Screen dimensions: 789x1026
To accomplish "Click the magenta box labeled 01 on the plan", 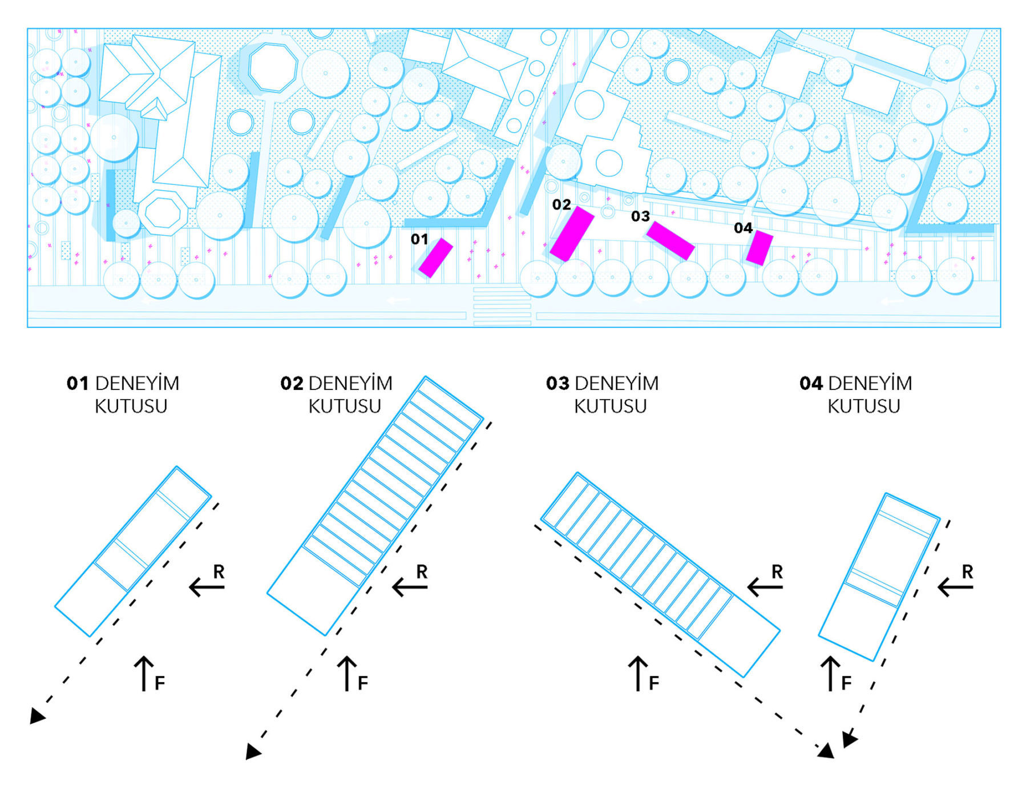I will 436,257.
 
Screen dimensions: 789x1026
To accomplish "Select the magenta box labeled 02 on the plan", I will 572,234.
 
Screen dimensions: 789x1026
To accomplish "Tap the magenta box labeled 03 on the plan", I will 670,240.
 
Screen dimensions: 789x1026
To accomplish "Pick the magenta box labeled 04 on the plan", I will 760,248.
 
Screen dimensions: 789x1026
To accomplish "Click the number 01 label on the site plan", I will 419,239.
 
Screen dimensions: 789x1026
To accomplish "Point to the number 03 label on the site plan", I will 640,216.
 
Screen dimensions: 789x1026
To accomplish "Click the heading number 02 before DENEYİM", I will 292,384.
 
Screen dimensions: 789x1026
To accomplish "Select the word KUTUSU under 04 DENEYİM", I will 863,406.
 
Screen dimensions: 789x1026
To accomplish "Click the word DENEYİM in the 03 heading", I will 616,384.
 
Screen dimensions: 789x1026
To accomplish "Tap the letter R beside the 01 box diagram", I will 219,571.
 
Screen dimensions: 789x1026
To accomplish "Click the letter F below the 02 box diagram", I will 362,683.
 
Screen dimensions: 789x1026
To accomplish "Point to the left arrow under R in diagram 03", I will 765,586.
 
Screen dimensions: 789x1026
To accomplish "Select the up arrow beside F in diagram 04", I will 830,673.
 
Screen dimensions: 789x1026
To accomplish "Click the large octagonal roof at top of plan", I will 273,67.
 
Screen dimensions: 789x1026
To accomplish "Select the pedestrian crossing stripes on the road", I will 502,307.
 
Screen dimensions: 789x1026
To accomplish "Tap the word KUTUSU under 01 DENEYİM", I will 131,406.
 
